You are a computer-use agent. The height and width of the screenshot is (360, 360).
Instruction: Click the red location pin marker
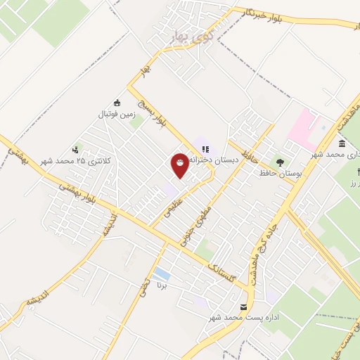click(180, 165)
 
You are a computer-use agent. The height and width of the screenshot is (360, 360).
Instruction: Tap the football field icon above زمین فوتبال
click(116, 102)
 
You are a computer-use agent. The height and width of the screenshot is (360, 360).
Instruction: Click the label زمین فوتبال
click(116, 113)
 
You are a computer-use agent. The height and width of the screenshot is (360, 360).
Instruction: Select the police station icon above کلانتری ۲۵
click(76, 149)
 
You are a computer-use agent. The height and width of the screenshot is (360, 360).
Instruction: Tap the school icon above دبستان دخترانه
click(205, 148)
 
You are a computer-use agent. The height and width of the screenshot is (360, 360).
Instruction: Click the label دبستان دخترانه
click(218, 160)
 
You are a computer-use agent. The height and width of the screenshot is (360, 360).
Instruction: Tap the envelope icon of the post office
click(243, 307)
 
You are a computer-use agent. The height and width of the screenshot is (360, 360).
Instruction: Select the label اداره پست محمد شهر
click(243, 318)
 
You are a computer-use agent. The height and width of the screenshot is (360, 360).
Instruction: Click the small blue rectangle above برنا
click(162, 272)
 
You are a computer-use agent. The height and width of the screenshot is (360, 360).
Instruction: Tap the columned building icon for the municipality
click(341, 143)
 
